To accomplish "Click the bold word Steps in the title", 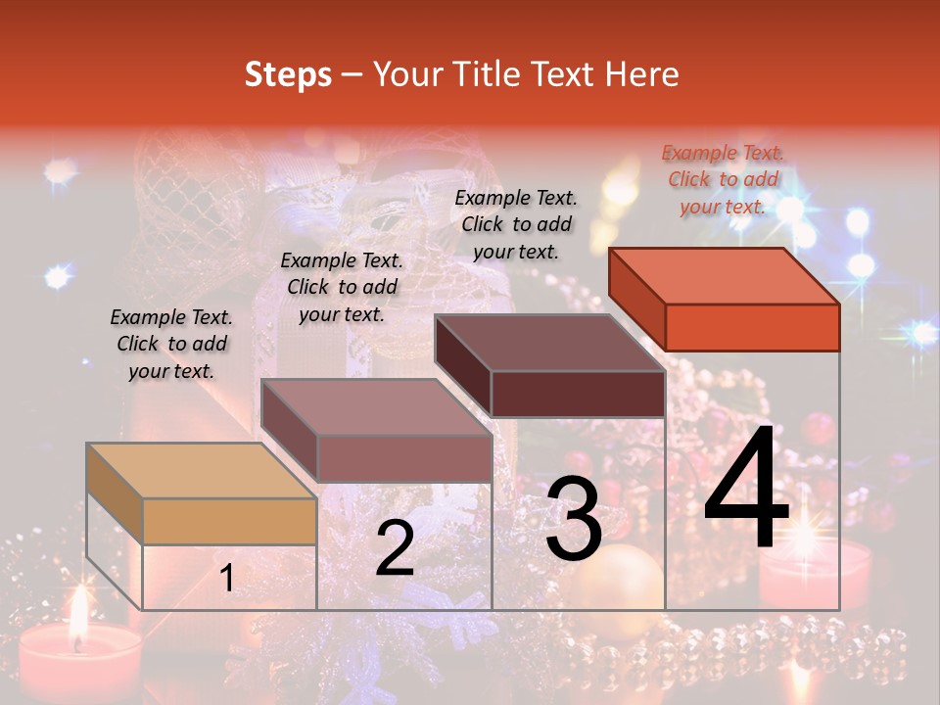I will click(288, 74).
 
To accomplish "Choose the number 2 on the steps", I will click(395, 549).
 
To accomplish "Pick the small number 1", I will click(227, 579).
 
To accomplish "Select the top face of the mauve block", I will click(376, 407).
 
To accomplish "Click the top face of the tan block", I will click(202, 471).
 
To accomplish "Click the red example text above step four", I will click(723, 179).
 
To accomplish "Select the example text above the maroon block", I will click(516, 224).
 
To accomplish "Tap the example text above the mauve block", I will click(342, 287).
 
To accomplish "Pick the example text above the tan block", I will click(171, 344).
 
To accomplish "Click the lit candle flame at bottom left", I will click(78, 615).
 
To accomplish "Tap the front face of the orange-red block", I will click(752, 327).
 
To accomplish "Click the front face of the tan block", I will click(229, 521).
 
